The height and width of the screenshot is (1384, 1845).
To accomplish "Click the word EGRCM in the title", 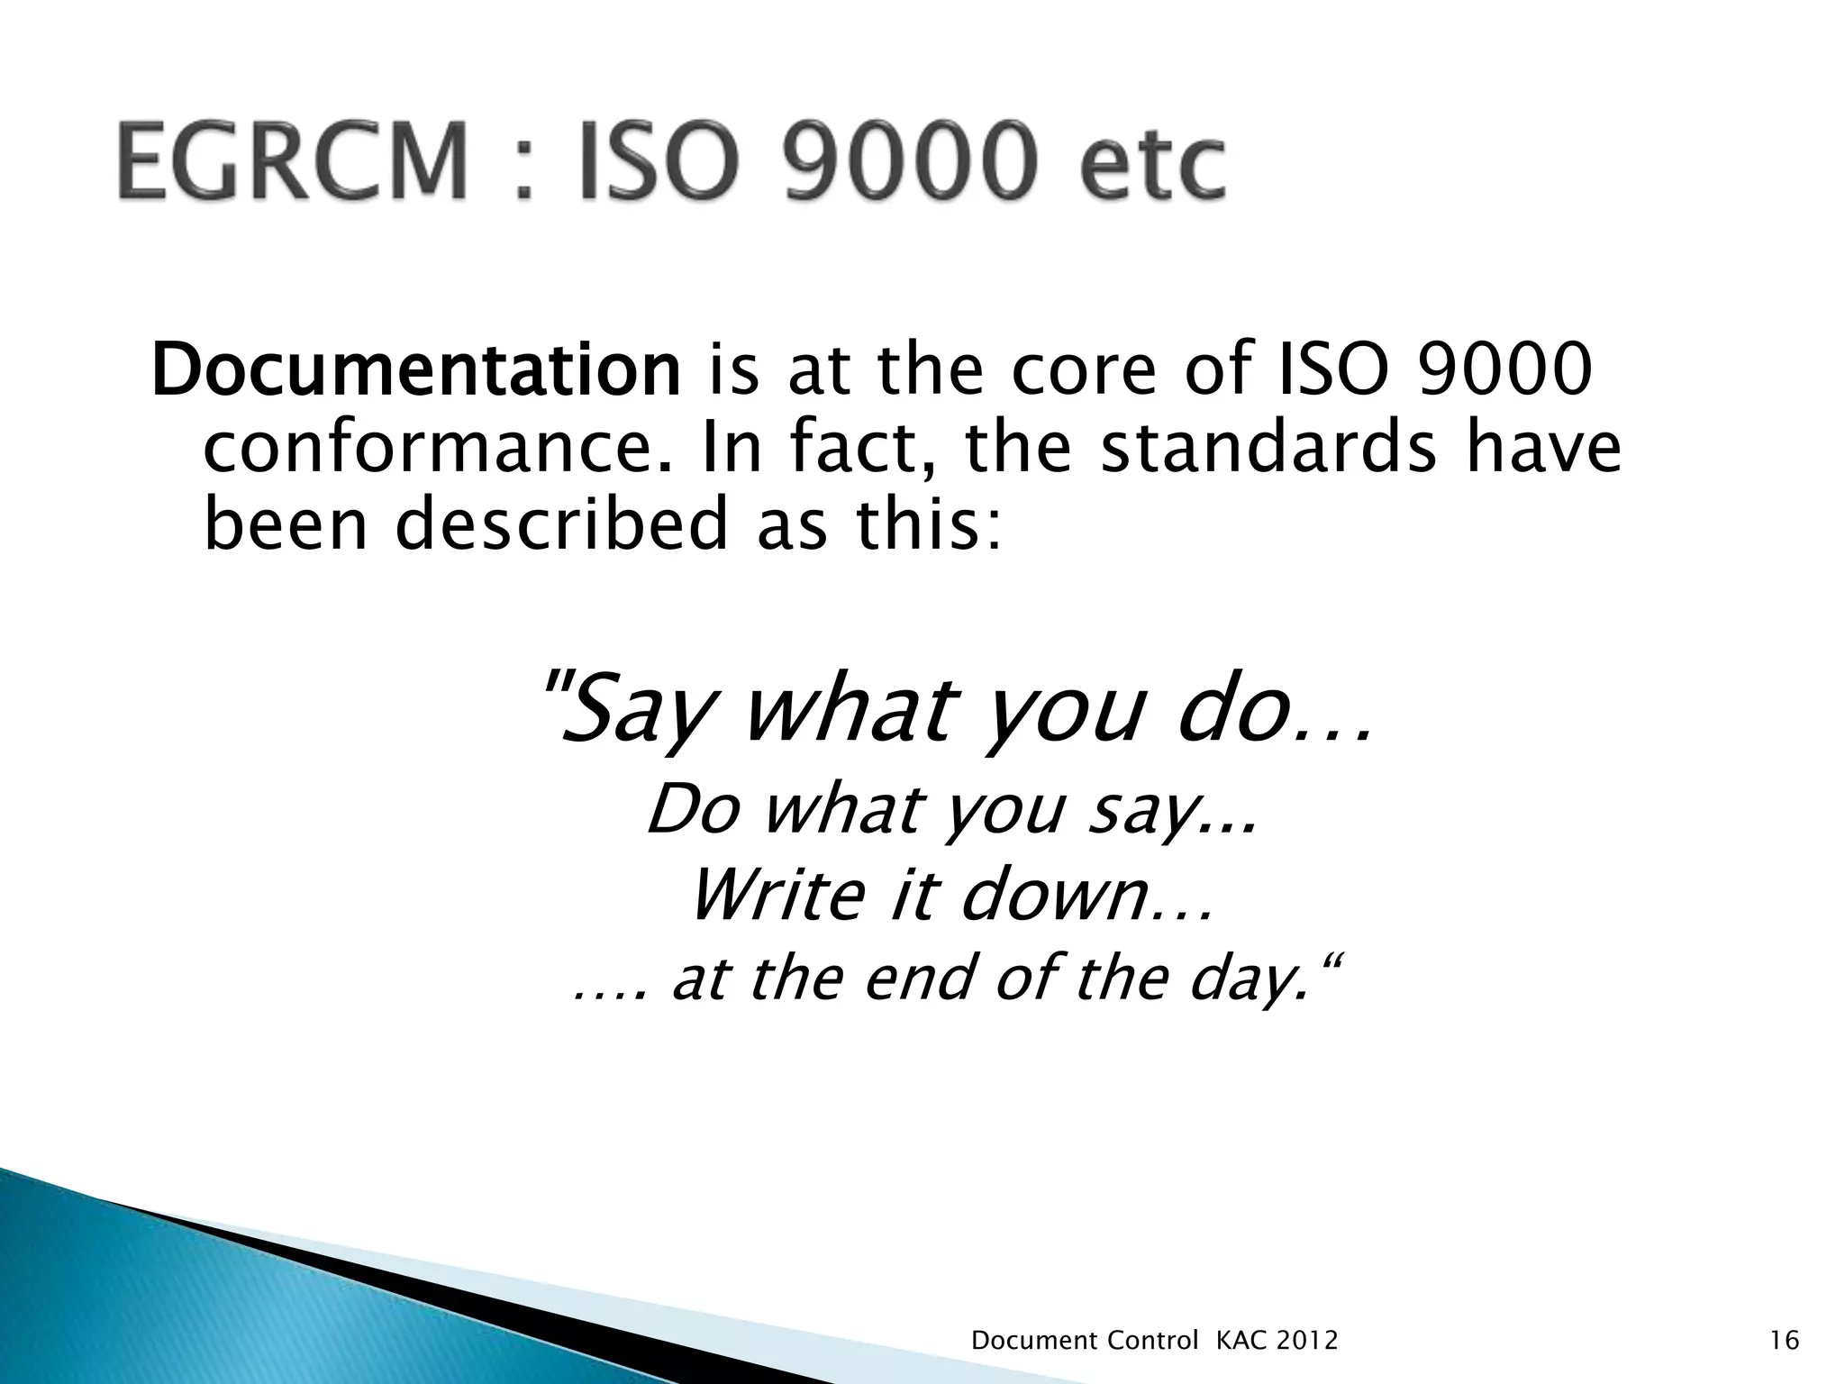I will pyautogui.click(x=292, y=164).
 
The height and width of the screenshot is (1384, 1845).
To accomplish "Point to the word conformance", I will pyautogui.click(x=438, y=451).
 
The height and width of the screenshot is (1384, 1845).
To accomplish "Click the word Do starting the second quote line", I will pyautogui.click(x=693, y=810).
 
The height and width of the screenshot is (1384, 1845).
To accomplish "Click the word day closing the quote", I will pyautogui.click(x=1243, y=980).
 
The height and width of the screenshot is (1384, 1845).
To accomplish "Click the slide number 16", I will pyautogui.click(x=1785, y=1342).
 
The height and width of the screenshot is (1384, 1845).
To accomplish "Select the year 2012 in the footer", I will pyautogui.click(x=1307, y=1342).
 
